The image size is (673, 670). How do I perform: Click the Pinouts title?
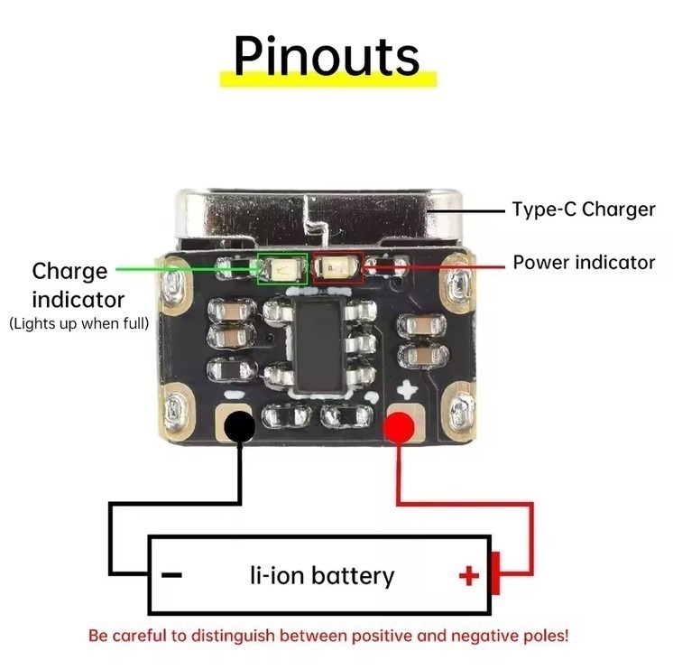327,56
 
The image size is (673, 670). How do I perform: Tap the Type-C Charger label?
584,209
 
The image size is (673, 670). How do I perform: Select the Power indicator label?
585,263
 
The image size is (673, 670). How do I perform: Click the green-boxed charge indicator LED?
282,269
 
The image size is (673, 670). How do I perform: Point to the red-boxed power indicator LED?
338,267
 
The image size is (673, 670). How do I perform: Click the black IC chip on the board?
319,344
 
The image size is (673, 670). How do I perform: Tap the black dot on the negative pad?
239,426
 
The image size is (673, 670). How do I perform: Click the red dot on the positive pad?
399,427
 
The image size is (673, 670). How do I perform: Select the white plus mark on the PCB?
407,388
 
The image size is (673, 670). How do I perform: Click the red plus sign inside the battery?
469,576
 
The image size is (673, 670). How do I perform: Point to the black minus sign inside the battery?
171,574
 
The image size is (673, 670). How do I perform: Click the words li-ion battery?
322,575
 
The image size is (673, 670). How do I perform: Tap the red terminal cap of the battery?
495,573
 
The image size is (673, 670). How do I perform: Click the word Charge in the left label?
69,272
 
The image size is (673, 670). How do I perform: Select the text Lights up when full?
79,323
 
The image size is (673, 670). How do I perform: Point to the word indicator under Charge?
78,300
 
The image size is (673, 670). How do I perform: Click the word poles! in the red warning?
546,636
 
